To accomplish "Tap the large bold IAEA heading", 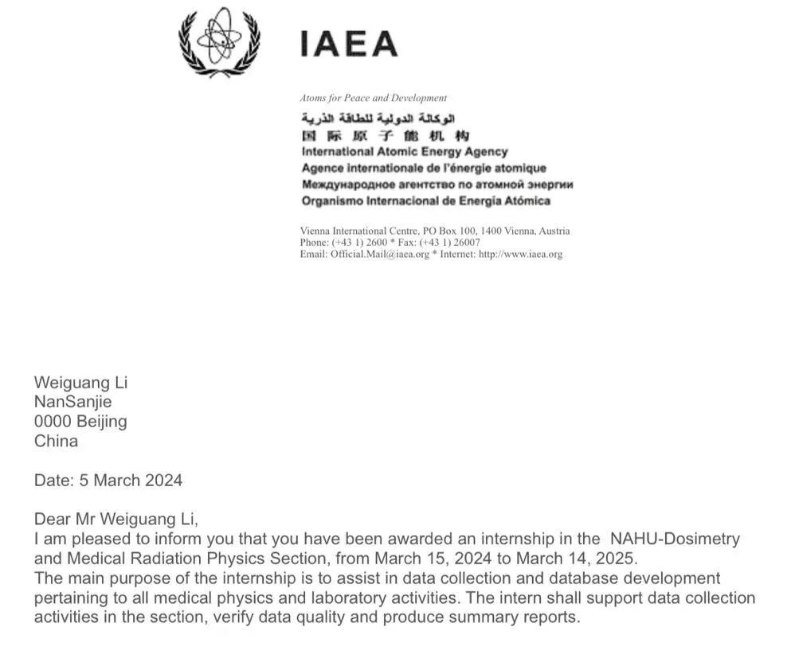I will [348, 44].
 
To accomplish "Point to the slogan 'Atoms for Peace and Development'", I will [373, 98].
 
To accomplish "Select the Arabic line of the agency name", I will [378, 119].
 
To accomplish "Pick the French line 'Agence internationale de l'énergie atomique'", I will [424, 168].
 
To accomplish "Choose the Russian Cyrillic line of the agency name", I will [437, 185].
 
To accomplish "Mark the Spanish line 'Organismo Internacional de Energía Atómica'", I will [425, 200].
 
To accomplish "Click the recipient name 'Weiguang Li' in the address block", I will [80, 383].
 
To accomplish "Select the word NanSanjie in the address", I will [72, 402].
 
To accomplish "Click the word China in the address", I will [56, 441].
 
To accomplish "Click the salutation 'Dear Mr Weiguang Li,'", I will [116, 520].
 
